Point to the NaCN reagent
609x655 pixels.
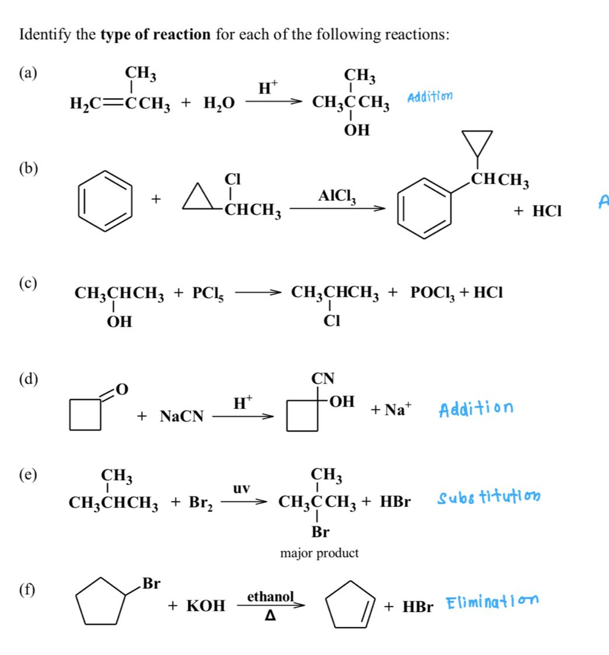tap(182, 416)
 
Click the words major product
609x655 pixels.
tap(319, 553)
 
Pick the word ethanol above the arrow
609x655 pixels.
tap(271, 596)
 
